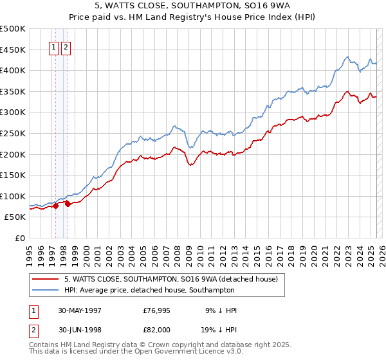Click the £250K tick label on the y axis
click(13, 133)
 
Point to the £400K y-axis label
click(13, 70)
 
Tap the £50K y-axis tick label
click(15, 217)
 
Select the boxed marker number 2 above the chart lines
click(66, 46)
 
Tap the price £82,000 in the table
click(157, 329)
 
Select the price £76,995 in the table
click(157, 310)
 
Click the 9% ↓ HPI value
click(221, 310)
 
